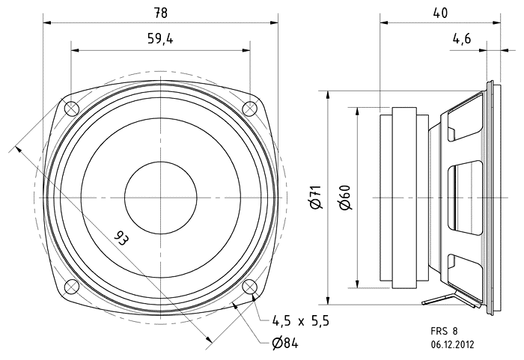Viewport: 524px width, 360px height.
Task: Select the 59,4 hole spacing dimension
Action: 160,40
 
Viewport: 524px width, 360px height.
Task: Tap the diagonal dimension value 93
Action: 120,239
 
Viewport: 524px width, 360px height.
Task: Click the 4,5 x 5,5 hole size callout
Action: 299,321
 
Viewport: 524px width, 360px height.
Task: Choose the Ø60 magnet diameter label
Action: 344,198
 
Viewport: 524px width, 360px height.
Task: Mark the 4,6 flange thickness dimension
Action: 462,40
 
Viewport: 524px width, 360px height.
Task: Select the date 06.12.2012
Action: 451,345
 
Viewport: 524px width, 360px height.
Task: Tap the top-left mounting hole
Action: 72,109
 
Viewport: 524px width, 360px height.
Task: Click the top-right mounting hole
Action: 249,109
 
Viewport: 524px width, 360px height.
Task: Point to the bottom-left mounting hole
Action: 72,286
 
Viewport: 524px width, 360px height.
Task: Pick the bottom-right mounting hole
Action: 249,286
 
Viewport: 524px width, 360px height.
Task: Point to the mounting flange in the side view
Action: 490,198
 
